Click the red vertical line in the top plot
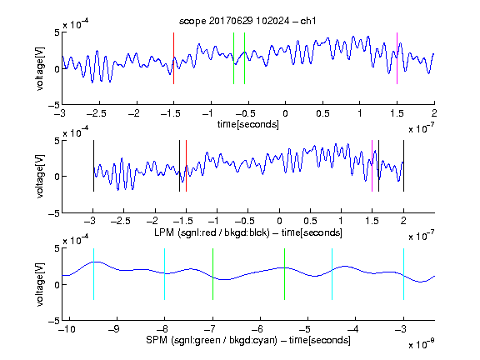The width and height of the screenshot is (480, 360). pos(173,58)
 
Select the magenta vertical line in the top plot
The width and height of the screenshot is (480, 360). pos(397,58)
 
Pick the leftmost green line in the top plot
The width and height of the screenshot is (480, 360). pos(233,58)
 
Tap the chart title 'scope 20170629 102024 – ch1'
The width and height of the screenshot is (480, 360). pos(247,21)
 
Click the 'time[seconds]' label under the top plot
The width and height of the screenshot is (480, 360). pos(248,124)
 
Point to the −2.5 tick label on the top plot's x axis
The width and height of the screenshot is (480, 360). pos(97,113)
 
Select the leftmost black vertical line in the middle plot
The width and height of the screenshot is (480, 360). pos(93,166)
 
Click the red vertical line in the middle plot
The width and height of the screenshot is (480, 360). pos(186,166)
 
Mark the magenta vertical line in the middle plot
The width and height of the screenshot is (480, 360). pos(372,166)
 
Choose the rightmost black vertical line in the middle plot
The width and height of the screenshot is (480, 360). pos(403,166)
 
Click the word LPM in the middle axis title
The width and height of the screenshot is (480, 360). pos(164,232)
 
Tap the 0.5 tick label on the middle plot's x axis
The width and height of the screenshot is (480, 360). pos(310,221)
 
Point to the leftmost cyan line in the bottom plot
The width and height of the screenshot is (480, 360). pos(93,274)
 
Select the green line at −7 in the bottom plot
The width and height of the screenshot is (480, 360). pos(212,274)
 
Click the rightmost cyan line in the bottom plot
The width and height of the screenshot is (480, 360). pos(403,274)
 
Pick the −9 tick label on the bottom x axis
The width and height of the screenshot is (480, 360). pos(114,329)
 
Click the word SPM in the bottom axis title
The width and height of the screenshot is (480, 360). pos(157,340)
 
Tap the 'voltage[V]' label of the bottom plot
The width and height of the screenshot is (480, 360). pos(40,285)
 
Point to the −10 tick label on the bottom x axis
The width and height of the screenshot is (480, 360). pos(67,329)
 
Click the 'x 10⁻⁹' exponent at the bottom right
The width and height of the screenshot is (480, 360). pos(421,344)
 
